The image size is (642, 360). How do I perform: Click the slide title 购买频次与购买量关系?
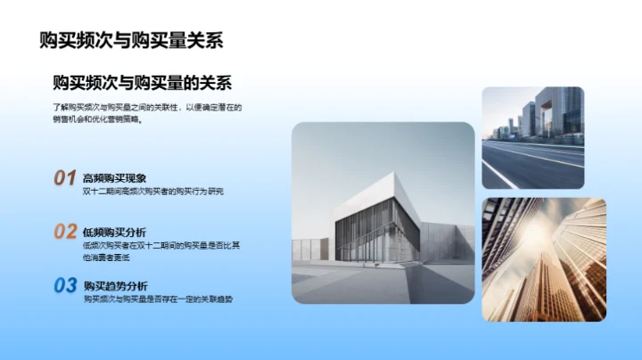(x=131, y=40)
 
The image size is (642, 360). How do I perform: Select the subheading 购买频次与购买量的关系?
(x=143, y=83)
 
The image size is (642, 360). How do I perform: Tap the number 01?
(x=64, y=178)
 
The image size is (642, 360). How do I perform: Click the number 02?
(x=65, y=232)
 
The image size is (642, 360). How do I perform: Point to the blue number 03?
(x=65, y=286)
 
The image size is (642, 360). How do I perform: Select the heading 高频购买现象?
(x=114, y=178)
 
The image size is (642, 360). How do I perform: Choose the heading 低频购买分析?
(x=114, y=232)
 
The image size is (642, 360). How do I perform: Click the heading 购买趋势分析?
(x=115, y=286)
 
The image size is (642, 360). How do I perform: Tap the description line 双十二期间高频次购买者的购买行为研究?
(x=152, y=192)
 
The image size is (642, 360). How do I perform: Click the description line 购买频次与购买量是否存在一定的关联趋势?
(x=157, y=299)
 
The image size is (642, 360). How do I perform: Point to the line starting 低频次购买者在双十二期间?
(x=160, y=245)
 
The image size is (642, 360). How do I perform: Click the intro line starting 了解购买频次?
(x=147, y=108)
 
